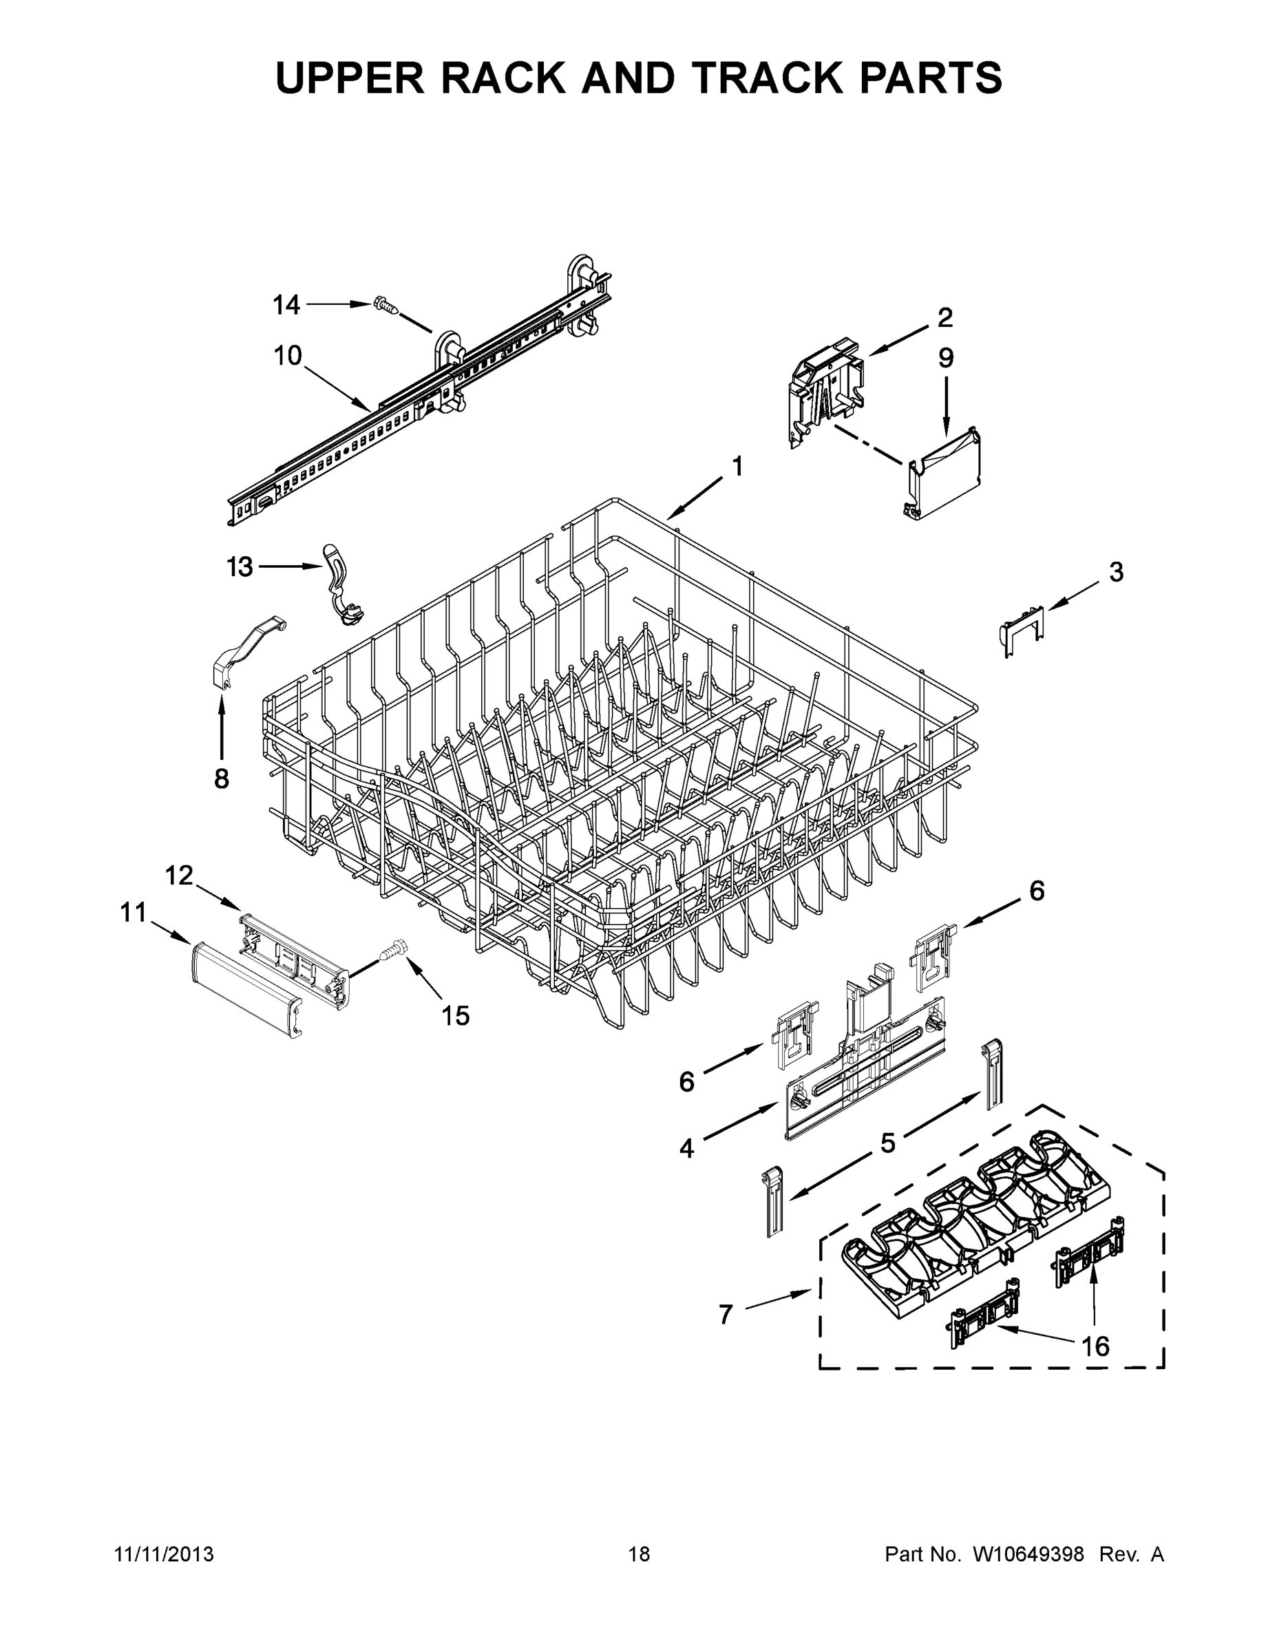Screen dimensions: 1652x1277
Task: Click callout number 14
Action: tap(286, 306)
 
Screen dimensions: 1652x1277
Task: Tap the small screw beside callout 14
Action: tap(386, 306)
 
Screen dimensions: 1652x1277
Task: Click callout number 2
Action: tap(945, 318)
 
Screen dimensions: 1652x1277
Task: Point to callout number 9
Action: tap(947, 358)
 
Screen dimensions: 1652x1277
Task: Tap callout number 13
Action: tap(240, 566)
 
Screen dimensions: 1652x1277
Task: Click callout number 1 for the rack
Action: tap(736, 467)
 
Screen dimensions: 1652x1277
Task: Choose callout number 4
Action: tap(686, 1149)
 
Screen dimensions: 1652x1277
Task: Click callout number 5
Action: tap(887, 1143)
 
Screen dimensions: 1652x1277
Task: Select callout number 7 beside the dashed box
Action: tap(726, 1315)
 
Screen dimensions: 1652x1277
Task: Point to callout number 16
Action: tap(1095, 1346)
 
